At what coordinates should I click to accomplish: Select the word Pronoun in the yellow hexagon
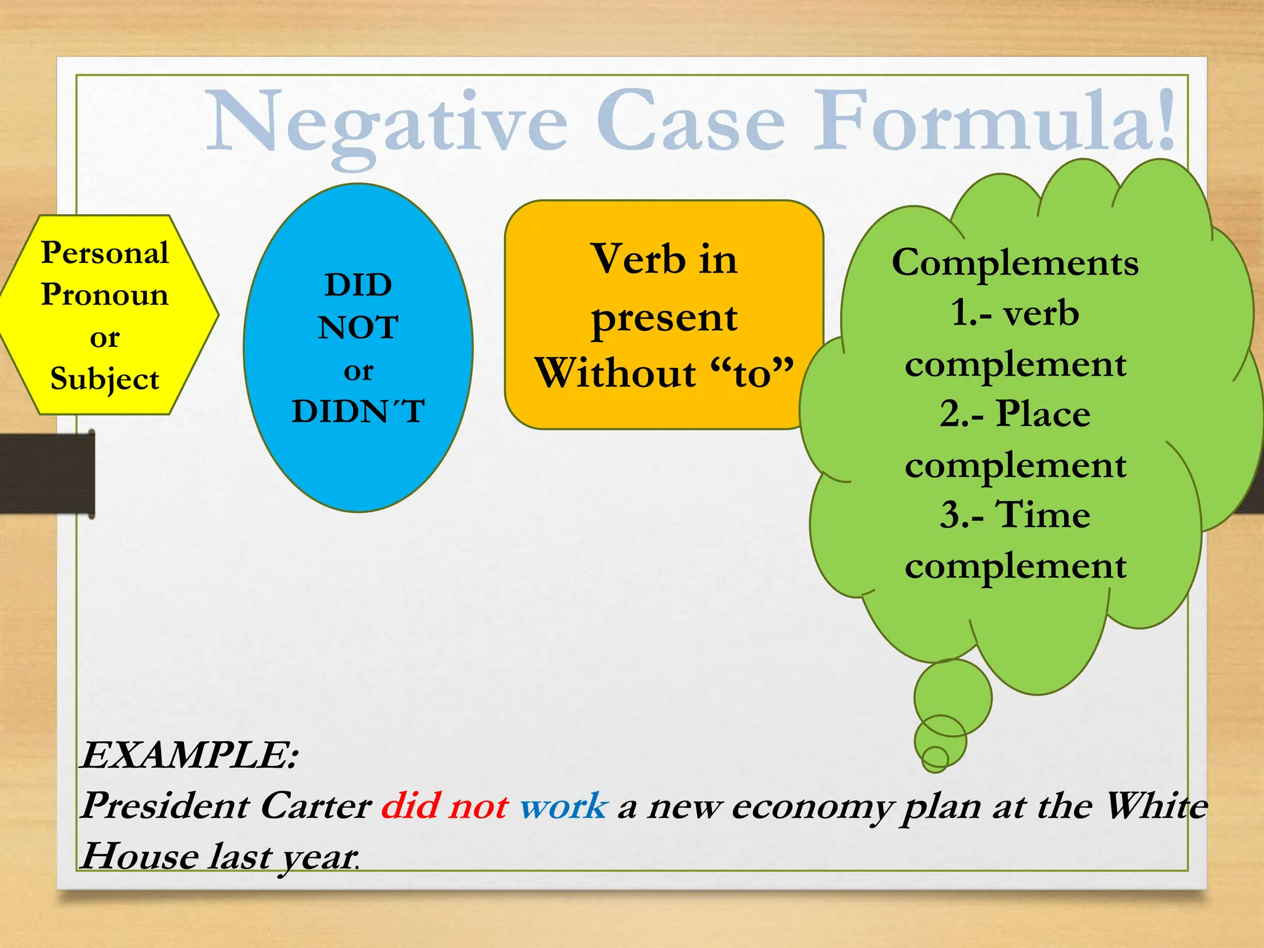(105, 294)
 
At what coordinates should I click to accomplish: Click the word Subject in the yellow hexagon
(105, 379)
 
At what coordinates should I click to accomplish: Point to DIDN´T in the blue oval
(358, 411)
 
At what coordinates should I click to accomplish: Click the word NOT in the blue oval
(358, 328)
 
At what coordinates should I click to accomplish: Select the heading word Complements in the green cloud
(1015, 263)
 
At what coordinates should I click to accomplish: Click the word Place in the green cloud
(1043, 414)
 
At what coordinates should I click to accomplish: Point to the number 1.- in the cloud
(970, 313)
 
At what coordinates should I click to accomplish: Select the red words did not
(445, 806)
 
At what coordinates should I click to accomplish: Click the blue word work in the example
(563, 806)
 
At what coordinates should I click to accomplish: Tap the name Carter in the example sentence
(315, 806)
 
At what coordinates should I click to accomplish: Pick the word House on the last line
(139, 857)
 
